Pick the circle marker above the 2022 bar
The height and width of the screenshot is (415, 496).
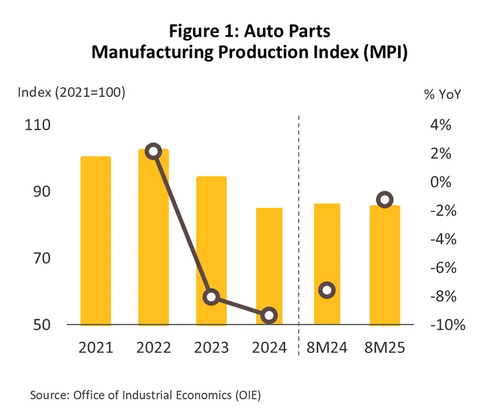tap(154, 151)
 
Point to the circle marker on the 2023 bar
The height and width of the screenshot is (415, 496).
tap(211, 297)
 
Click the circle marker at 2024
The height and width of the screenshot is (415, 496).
tap(269, 315)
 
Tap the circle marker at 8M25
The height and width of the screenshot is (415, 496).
tap(385, 200)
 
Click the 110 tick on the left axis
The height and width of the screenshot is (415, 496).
tap(37, 125)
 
